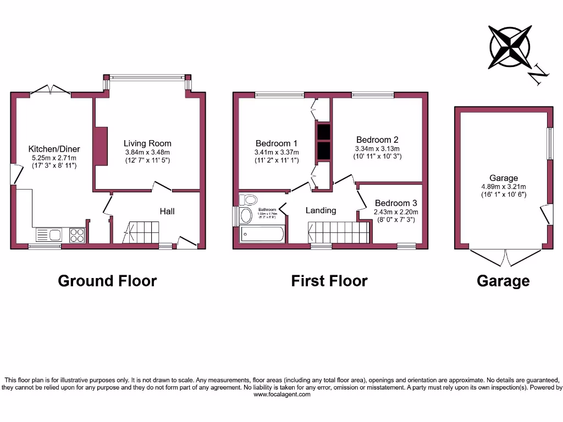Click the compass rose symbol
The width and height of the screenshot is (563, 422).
click(x=510, y=47)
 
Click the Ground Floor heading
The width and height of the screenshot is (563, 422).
click(x=107, y=281)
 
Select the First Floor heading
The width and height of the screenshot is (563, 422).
click(x=329, y=281)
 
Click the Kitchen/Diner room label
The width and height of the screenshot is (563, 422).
click(x=54, y=149)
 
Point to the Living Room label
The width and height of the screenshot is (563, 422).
click(x=147, y=143)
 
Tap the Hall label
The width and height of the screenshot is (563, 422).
click(x=167, y=211)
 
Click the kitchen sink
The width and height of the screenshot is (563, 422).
click(x=49, y=235)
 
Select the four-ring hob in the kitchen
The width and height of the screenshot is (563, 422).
click(x=77, y=235)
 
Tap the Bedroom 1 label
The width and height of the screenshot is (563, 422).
click(x=277, y=143)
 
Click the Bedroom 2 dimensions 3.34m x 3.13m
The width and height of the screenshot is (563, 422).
click(x=378, y=148)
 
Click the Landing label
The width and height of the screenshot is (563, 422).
click(x=321, y=210)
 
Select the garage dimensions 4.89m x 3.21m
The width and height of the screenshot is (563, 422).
click(x=504, y=186)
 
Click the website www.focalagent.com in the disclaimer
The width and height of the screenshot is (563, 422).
click(x=281, y=395)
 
